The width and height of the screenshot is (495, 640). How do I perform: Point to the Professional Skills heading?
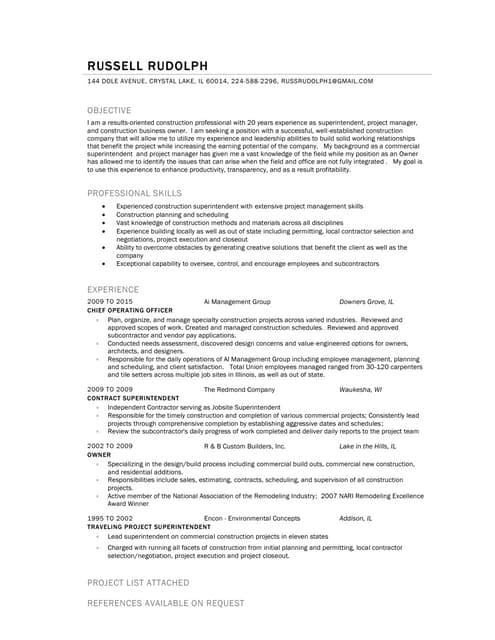pos(134,192)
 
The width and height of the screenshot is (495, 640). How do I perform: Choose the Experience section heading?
pos(113,288)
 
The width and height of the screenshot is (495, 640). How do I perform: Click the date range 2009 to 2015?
pos(110,300)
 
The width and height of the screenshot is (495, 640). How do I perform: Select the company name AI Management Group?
pos(237,300)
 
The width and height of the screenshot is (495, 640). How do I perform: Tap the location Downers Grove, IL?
pos(366,300)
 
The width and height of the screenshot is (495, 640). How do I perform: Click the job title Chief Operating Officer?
pos(130,311)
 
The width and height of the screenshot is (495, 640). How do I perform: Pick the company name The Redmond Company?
pos(239,388)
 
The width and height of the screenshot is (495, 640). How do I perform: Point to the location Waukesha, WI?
pos(361,388)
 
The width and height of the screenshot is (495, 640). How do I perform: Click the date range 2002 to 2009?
pos(110,445)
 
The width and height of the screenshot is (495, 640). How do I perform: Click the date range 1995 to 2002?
pos(110,518)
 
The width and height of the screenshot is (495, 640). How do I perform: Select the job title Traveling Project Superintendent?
pos(149,526)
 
